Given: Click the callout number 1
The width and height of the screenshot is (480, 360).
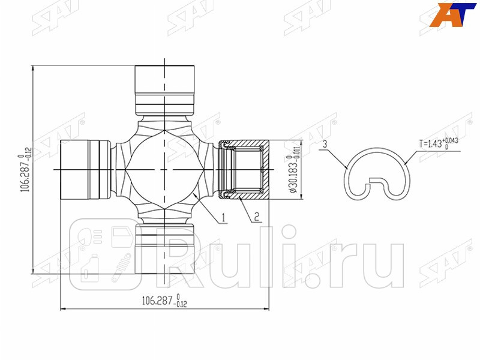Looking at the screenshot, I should [x=223, y=218].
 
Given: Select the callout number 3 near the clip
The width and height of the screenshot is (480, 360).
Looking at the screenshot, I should [x=324, y=145].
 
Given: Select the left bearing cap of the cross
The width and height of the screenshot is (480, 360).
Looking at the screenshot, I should [x=84, y=169].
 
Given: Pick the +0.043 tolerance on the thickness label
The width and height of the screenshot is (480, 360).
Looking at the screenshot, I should [x=454, y=140].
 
